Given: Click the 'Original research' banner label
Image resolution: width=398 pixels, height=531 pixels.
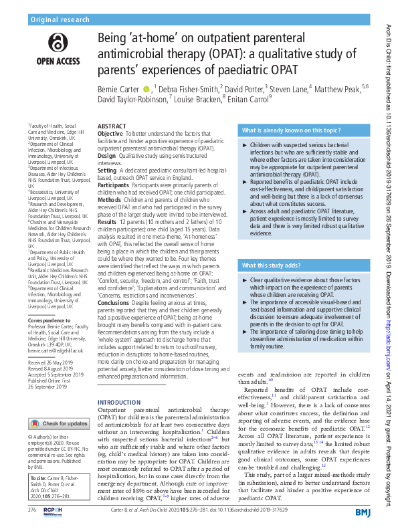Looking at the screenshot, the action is tap(60, 20).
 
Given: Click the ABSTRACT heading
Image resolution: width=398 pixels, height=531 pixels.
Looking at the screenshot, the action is tap(111, 126).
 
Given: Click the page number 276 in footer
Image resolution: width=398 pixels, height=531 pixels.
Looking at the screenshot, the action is tap(31, 510).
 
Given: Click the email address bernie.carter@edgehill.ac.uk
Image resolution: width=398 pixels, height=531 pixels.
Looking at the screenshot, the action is tap(55, 350).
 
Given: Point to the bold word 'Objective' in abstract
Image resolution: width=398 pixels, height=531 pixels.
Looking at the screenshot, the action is tap(110, 134).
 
